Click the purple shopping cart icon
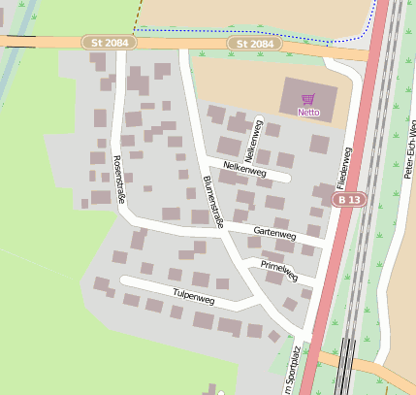click(308, 98)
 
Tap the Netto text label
click(308, 112)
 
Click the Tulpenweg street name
click(192, 294)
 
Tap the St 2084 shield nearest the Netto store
click(255, 45)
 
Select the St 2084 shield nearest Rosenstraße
click(109, 44)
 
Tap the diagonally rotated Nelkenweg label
click(253, 142)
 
